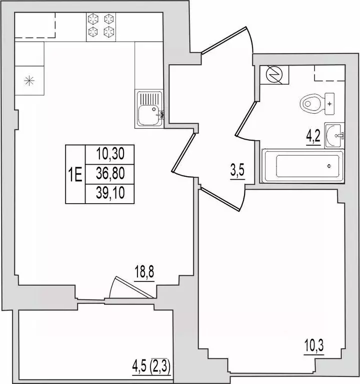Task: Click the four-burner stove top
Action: click(101, 27)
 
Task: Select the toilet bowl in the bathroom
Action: click(310, 104)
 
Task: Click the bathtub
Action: click(302, 166)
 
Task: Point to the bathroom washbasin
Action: click(334, 136)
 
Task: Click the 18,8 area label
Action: click(144, 272)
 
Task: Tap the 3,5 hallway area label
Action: click(237, 170)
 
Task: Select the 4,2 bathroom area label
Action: click(313, 136)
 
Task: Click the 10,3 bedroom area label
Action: click(314, 345)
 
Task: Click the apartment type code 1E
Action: click(75, 174)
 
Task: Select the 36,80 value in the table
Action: click(110, 173)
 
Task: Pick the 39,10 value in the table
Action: click(110, 192)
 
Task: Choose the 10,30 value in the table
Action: click(110, 154)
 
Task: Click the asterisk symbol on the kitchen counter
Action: click(29, 81)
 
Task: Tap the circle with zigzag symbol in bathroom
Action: click(274, 75)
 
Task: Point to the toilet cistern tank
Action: click(329, 104)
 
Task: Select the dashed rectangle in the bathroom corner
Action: click(329, 73)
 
